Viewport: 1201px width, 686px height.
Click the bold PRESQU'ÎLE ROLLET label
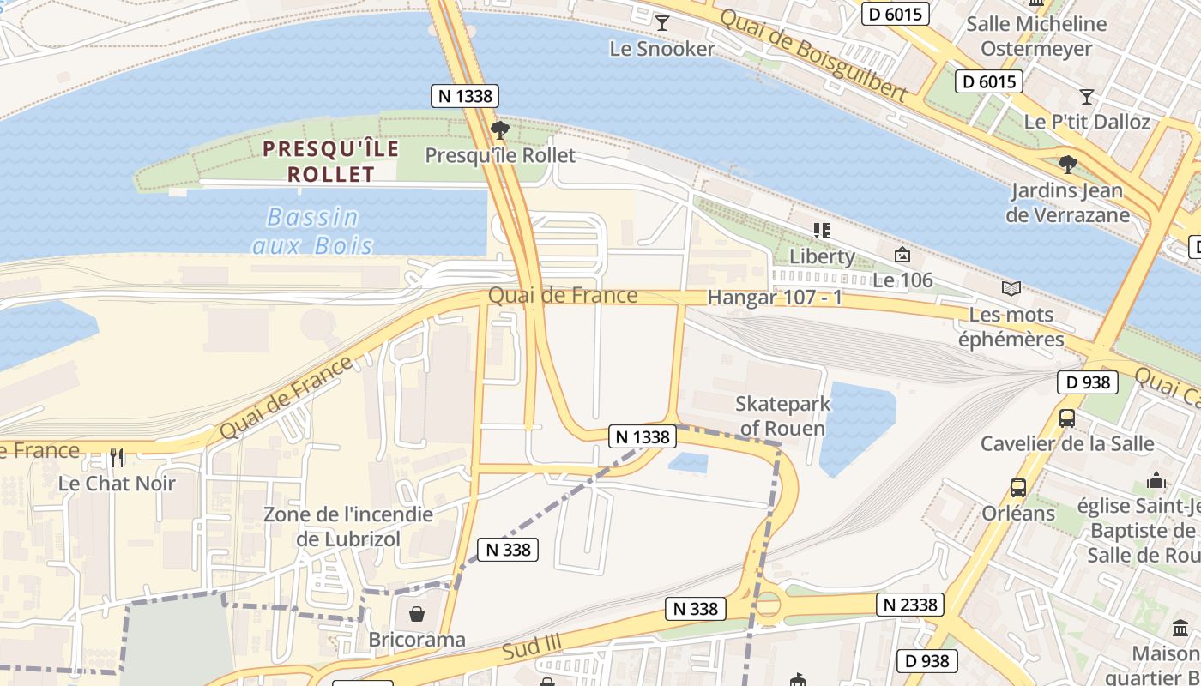[x=330, y=161]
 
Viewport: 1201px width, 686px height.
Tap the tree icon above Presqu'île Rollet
[x=499, y=130]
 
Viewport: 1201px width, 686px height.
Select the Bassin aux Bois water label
[x=313, y=232]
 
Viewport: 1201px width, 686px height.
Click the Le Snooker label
[x=661, y=49]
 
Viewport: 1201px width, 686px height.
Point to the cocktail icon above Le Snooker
[x=661, y=22]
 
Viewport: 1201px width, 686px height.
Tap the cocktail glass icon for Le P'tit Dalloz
[x=1087, y=96]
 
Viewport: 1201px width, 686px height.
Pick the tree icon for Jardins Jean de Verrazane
[x=1067, y=164]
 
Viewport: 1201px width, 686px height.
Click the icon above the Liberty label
[x=822, y=230]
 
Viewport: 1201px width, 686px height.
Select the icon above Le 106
[x=902, y=255]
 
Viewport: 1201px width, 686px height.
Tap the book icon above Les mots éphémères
[x=1011, y=289]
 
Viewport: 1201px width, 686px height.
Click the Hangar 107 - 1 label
[x=776, y=298]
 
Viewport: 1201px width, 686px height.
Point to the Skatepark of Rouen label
[x=782, y=416]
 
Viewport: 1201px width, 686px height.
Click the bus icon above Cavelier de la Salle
[x=1066, y=418]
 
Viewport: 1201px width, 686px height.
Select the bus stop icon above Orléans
[x=1017, y=488]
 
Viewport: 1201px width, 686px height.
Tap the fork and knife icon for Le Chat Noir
[x=117, y=457]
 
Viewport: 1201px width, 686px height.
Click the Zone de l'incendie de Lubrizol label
[x=347, y=527]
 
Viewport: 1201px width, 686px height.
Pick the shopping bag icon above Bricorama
[x=416, y=614]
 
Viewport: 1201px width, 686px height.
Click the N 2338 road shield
[x=910, y=605]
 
